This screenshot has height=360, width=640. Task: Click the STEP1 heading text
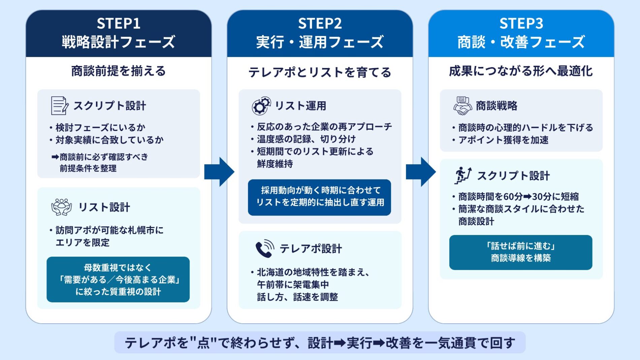[118, 24]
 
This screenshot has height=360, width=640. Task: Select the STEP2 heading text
[320, 24]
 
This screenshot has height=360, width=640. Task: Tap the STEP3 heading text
[521, 24]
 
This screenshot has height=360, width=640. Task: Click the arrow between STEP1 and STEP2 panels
[219, 172]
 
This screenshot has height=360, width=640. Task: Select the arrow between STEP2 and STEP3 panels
[421, 172]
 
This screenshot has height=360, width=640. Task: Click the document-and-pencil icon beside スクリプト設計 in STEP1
[59, 106]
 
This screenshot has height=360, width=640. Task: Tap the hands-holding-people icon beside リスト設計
[61, 207]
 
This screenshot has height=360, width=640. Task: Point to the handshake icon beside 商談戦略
[462, 106]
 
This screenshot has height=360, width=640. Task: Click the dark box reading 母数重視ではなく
[118, 280]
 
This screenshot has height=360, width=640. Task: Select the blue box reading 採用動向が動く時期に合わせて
[319, 197]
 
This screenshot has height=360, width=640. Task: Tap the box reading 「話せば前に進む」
[520, 252]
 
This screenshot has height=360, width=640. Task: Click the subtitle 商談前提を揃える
[118, 71]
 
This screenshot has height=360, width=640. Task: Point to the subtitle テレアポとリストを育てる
[320, 72]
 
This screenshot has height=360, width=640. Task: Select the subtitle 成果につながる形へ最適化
[521, 71]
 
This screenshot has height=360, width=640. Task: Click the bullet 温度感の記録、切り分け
[306, 139]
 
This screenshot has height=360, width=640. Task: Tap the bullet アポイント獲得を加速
[503, 140]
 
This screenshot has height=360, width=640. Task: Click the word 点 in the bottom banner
[203, 343]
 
